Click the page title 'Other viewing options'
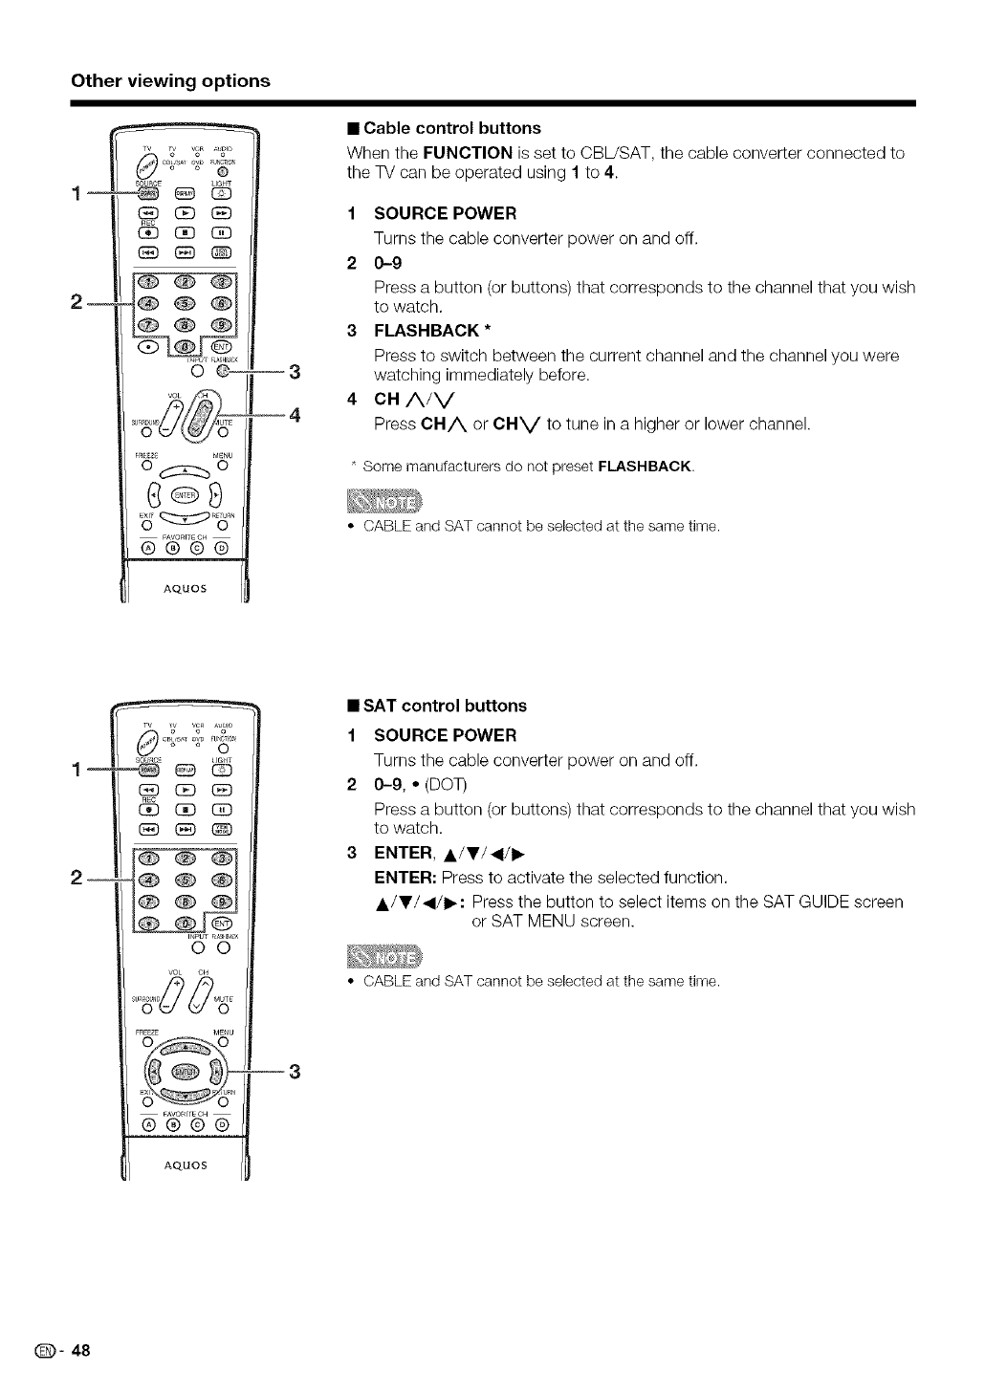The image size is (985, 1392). [x=171, y=80]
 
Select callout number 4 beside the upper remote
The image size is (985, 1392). [x=295, y=415]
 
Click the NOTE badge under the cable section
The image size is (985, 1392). [x=380, y=503]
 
